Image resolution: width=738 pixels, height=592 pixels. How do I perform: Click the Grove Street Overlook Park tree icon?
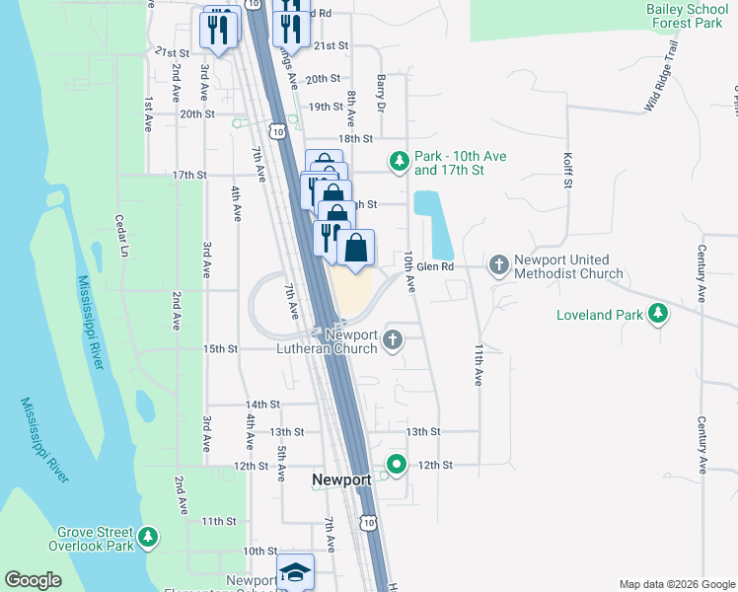[148, 537]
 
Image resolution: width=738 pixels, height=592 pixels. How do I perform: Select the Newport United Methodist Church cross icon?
[498, 264]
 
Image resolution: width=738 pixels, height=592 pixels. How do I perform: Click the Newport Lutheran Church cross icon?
[393, 341]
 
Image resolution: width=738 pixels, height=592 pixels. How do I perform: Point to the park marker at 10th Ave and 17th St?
[399, 161]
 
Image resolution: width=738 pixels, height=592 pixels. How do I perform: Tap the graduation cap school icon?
[294, 573]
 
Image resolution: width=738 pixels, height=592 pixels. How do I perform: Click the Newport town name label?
[341, 480]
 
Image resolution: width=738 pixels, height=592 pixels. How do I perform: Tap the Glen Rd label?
[434, 266]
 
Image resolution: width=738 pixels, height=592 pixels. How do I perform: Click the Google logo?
[34, 580]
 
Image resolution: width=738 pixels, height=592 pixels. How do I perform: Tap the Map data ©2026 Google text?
[676, 584]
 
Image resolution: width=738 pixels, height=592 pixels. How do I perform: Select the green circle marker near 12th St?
[397, 463]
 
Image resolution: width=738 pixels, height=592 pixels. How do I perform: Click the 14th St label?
[262, 405]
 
